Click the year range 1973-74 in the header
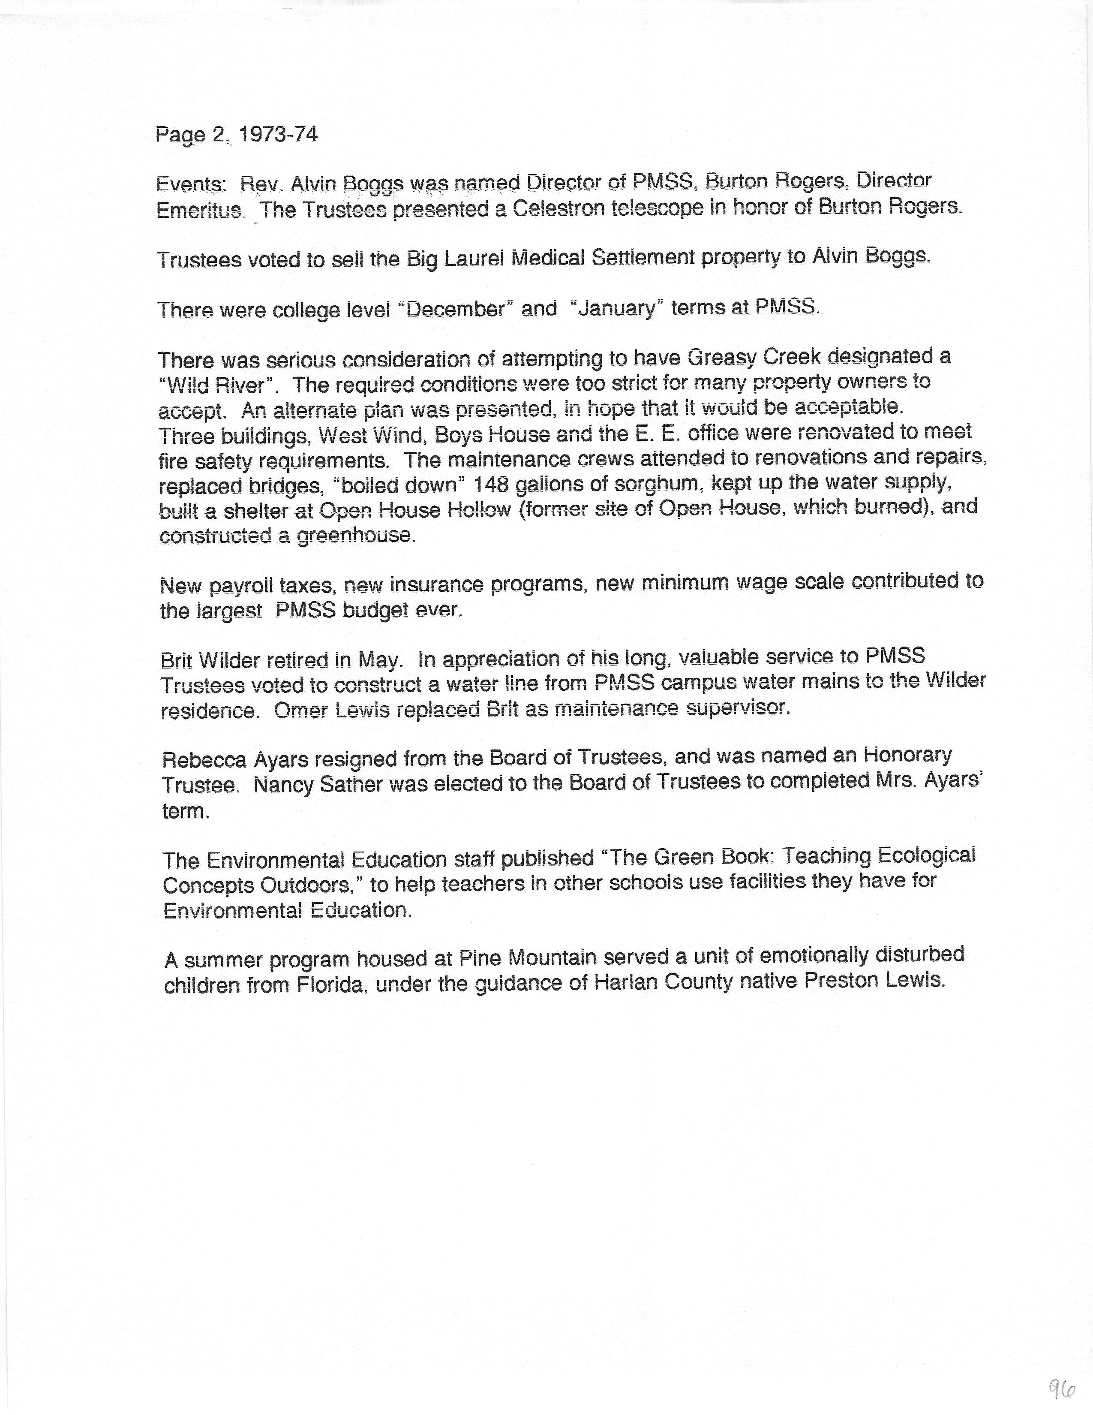point(278,134)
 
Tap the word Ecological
point(925,855)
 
